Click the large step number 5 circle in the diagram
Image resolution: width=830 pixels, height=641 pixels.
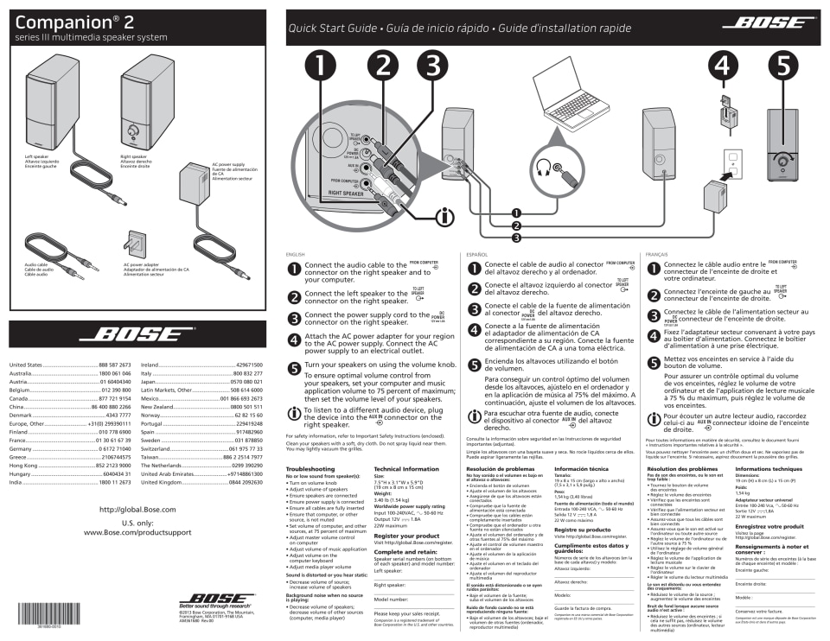coord(782,66)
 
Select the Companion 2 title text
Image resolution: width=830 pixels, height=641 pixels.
coord(73,21)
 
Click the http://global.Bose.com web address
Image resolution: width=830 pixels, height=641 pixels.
coord(137,510)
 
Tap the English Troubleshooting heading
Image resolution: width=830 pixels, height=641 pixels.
coord(310,469)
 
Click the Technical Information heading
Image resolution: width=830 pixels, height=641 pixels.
coord(406,469)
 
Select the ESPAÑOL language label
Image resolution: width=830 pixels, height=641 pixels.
coord(476,254)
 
